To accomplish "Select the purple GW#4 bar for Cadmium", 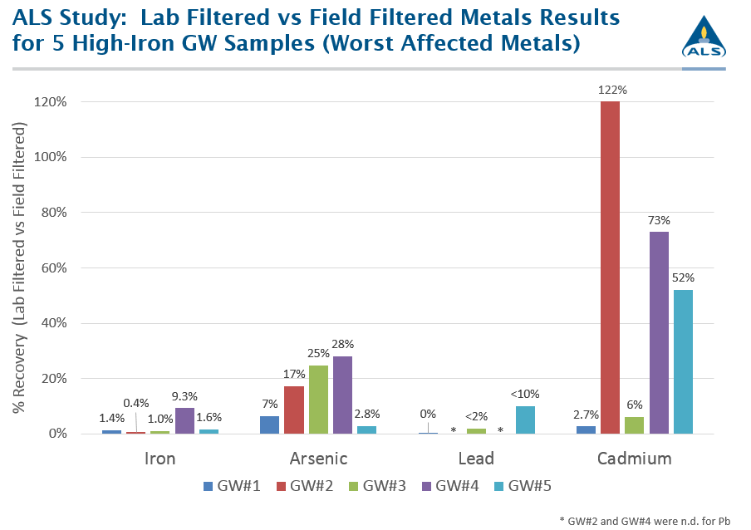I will click(659, 332).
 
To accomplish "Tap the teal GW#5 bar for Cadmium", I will click(683, 361).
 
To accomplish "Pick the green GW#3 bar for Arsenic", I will click(318, 400).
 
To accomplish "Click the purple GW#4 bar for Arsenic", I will click(342, 395).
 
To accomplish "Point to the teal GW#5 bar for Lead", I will click(525, 420).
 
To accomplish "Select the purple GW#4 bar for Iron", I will click(184, 420).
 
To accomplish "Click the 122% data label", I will click(610, 88).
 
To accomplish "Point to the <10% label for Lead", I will click(526, 394).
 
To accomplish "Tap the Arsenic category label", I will click(318, 459).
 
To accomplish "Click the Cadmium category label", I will click(635, 459).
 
